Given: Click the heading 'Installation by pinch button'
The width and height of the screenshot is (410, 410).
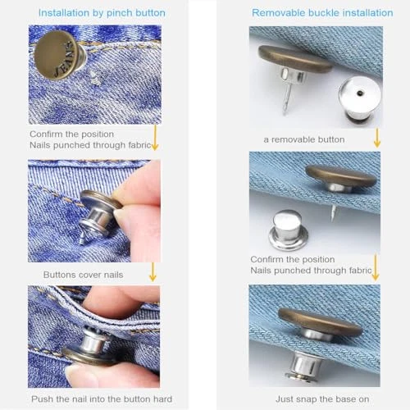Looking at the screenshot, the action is [102, 13].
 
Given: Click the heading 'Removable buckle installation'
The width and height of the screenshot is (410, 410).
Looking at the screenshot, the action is [322, 12].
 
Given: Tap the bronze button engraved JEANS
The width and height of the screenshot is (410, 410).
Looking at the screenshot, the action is [57, 55].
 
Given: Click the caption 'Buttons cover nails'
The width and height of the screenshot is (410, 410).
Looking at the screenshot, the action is [83, 275].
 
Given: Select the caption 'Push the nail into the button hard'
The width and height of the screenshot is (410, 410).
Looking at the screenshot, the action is [102, 399].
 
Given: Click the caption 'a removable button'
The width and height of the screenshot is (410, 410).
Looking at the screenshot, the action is [304, 139].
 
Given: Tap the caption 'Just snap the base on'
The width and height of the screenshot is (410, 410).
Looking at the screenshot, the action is [322, 399].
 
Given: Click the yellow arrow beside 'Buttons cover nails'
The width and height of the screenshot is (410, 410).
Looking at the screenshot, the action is [153, 272].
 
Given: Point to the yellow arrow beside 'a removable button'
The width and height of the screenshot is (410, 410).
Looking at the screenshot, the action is [377, 138].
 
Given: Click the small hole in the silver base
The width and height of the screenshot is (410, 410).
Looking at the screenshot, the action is [360, 93].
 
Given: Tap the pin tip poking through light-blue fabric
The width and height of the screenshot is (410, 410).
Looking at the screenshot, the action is [334, 212].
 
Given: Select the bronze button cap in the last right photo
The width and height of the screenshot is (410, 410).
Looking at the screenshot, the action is [321, 321].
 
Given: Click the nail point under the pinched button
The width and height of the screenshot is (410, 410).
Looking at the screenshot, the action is [83, 240].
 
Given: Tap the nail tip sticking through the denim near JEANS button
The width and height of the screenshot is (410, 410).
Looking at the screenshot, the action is [94, 77].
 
